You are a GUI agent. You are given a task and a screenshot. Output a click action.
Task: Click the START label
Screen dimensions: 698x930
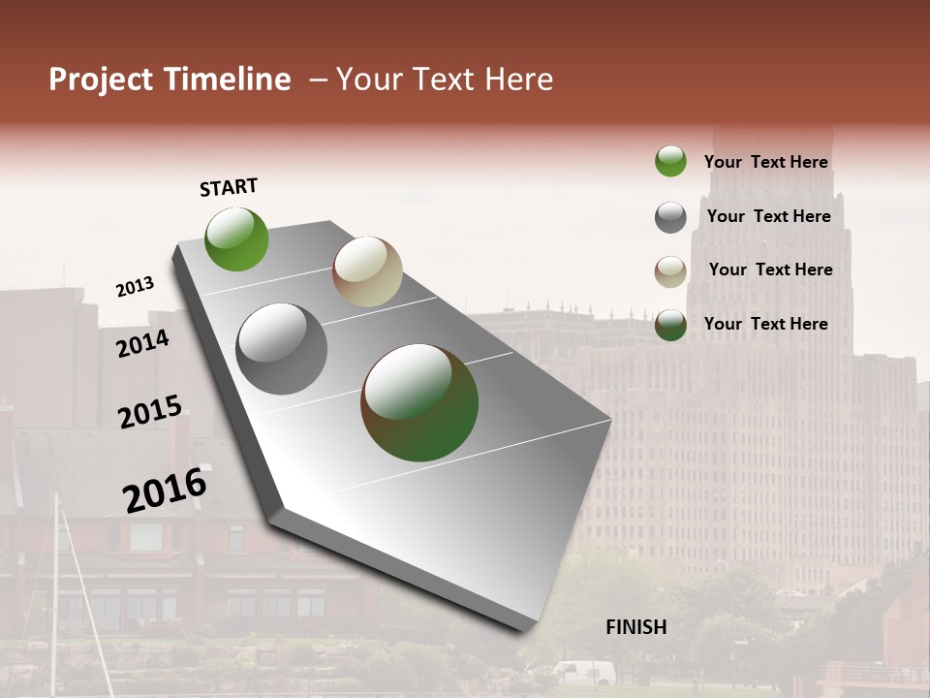pos(229,187)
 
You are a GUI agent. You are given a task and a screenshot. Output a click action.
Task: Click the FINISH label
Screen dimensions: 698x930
pos(635,627)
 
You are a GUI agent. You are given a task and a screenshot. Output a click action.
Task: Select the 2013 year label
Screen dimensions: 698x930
pos(135,287)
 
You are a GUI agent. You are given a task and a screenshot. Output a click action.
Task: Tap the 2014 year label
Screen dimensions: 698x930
pos(142,343)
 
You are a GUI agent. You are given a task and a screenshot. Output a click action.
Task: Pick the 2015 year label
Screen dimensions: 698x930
pos(149,412)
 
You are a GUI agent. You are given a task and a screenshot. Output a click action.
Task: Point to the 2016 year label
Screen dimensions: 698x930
pos(165,490)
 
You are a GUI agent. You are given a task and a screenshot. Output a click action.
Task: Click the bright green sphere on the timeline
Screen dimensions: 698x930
pos(237,238)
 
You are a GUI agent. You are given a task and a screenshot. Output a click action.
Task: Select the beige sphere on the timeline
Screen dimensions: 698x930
pos(367,271)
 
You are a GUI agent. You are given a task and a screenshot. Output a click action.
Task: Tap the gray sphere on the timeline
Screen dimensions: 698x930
pos(282,349)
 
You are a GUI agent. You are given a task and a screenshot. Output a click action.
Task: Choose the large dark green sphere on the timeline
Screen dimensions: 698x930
pos(419,402)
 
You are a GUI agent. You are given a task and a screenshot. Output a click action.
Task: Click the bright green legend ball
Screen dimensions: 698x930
pos(670,161)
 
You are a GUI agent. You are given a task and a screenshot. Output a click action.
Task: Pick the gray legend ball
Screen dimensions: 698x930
pos(670,217)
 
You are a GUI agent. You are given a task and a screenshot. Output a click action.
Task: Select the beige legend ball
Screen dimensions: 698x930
pos(670,271)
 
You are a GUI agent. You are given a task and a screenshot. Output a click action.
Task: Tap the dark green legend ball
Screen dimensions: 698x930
pos(670,325)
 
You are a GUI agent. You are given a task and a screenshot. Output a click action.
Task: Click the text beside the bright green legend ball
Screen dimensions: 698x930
pos(765,162)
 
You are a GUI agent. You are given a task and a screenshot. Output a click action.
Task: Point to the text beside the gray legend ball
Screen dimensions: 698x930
pos(768,216)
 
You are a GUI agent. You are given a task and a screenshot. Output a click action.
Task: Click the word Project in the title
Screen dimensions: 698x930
pos(101,79)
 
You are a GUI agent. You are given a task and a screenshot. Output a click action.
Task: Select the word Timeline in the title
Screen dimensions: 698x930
pos(228,79)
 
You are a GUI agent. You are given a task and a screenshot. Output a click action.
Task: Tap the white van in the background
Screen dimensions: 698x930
pos(583,672)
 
